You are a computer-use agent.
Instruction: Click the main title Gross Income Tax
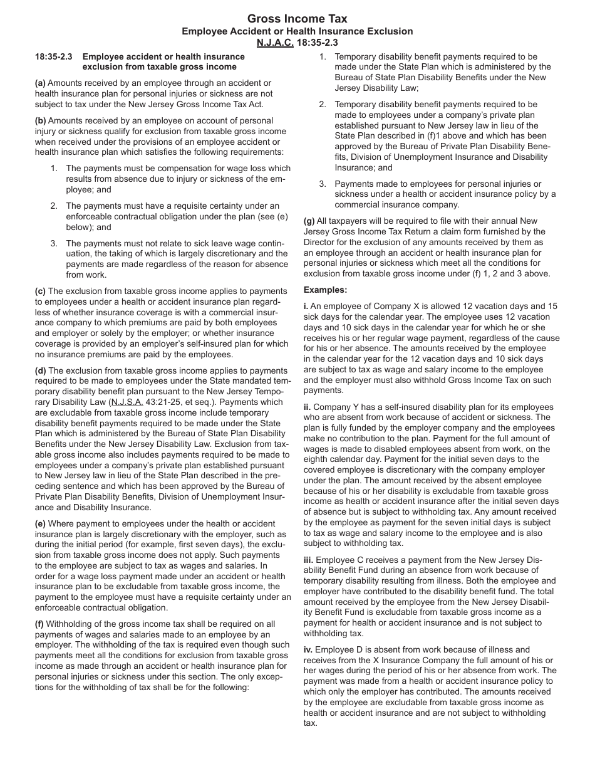[297, 19]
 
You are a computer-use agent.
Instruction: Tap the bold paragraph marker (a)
[40, 83]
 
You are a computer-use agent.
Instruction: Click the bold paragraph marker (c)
[40, 291]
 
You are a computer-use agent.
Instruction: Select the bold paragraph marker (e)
[40, 523]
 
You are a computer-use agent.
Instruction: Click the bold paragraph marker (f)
[39, 624]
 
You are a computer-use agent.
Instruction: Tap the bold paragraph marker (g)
[309, 221]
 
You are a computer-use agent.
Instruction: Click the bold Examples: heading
[325, 290]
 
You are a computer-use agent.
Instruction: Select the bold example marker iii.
[308, 559]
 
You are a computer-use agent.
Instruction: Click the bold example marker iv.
[308, 649]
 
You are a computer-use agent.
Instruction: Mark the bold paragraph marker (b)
[40, 120]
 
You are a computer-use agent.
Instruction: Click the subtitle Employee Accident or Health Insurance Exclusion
[297, 31]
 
